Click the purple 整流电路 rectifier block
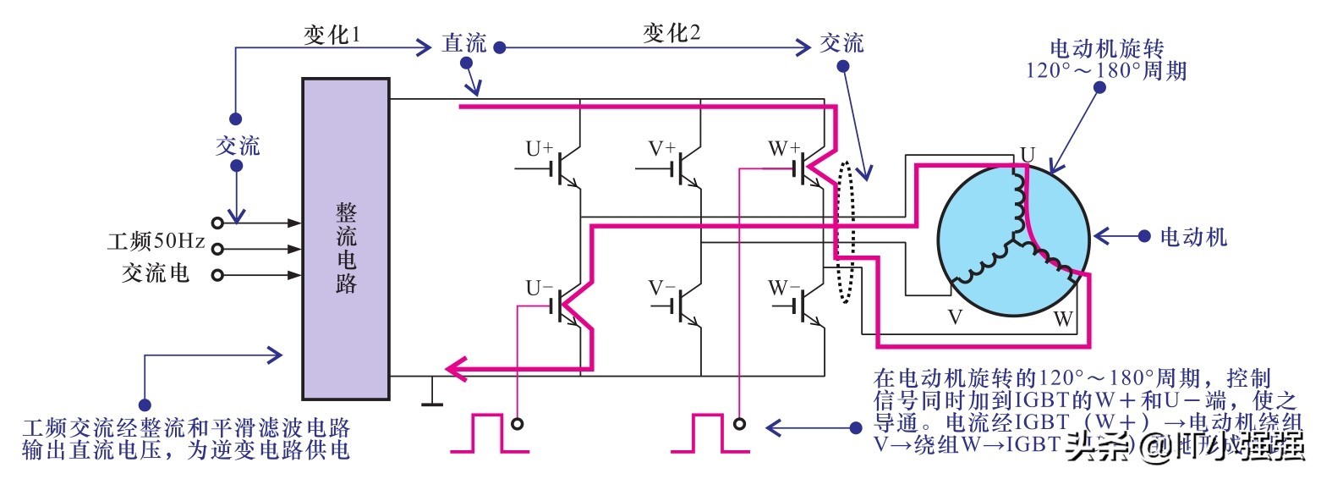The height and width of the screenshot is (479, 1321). click(x=346, y=238)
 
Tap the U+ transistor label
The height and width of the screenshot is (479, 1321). click(x=540, y=149)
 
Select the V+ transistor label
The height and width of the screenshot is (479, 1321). click(x=662, y=148)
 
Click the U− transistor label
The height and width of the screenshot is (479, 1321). click(x=540, y=288)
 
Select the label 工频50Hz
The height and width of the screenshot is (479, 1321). click(x=156, y=242)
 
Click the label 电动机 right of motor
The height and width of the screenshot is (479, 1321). click(x=1193, y=236)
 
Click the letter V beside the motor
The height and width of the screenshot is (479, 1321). click(x=956, y=317)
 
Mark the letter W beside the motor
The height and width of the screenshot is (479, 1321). click(x=1063, y=320)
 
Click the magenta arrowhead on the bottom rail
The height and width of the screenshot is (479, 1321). click(x=458, y=367)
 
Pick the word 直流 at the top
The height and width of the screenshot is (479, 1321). click(x=464, y=44)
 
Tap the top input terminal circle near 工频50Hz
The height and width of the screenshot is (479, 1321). click(x=217, y=223)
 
